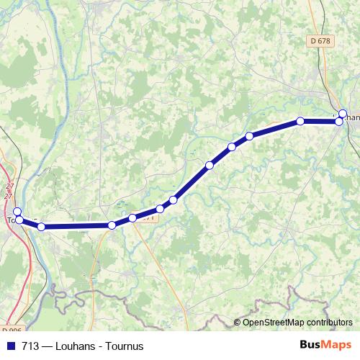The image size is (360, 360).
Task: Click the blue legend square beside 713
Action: point(10,346)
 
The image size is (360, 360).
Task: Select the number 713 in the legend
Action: point(30,346)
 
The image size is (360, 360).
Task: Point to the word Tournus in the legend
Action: point(123,346)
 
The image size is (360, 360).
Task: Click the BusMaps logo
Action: point(325,345)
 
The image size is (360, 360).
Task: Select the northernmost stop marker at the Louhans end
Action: point(343,113)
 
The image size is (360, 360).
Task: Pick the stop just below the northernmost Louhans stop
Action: point(339,122)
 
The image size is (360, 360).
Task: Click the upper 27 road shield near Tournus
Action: point(9,189)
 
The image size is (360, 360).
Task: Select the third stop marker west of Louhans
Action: point(249,136)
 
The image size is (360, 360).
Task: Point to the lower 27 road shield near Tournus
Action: point(9,196)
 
